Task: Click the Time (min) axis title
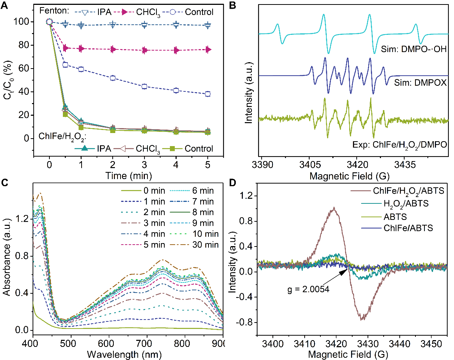click(x=128, y=175)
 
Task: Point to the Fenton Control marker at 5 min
click(x=208, y=94)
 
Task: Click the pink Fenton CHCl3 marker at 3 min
click(x=144, y=50)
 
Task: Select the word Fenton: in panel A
click(x=53, y=12)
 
